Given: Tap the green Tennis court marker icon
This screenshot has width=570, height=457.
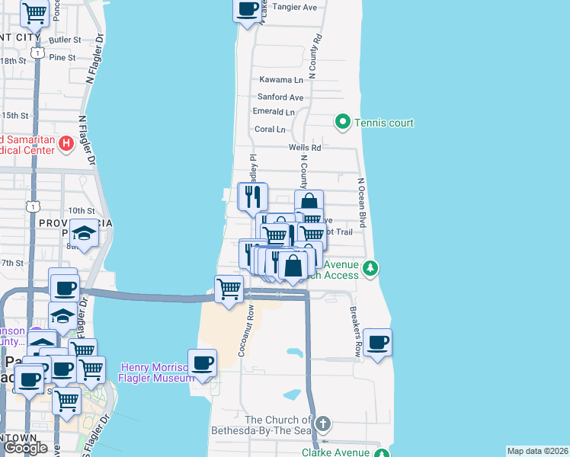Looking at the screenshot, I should click(343, 122).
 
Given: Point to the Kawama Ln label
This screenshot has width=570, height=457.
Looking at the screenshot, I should click(281, 79).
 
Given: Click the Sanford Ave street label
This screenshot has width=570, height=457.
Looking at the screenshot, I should click(280, 97).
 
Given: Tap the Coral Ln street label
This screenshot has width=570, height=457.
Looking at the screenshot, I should click(270, 129).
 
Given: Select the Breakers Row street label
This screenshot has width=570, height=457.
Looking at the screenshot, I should click(355, 332).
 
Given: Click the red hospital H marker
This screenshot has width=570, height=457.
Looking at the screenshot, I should click(66, 142).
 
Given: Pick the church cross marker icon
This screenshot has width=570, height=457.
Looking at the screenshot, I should click(323, 423).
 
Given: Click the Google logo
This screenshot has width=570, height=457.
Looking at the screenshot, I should click(25, 448).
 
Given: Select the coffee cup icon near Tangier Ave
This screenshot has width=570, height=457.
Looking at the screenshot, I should click(247, 9).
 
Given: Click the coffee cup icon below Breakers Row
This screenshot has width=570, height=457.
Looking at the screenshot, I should click(377, 341).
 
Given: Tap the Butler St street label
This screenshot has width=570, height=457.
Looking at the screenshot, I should click(65, 40).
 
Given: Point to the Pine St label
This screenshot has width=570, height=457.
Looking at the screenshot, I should click(62, 57).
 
